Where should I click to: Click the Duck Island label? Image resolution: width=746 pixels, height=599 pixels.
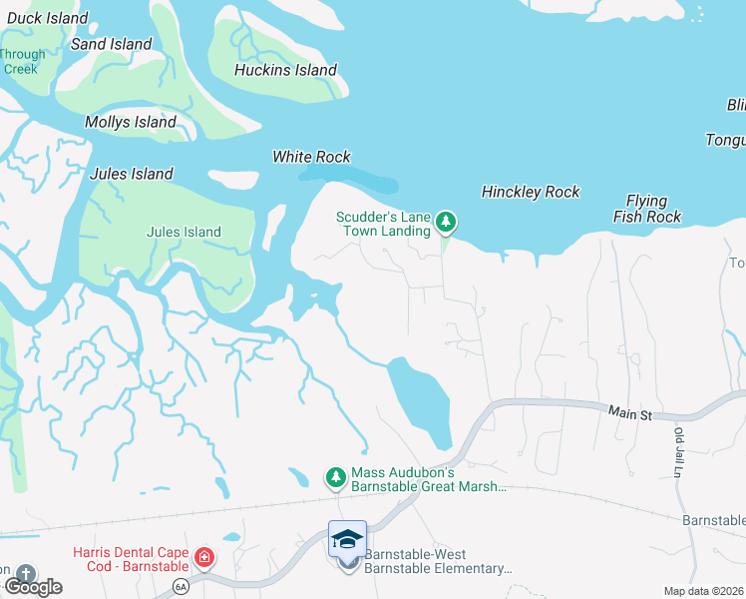[x=47, y=18]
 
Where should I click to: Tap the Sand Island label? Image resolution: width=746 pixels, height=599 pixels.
[x=111, y=44]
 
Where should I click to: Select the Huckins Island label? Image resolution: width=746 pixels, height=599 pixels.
[x=285, y=70]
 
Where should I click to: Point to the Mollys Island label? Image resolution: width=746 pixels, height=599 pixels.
[x=130, y=123]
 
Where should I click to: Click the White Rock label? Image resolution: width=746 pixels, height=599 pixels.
[x=311, y=157]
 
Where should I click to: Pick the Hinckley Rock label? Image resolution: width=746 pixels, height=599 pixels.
[x=530, y=192]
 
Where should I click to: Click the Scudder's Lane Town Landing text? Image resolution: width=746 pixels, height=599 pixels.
[x=383, y=223]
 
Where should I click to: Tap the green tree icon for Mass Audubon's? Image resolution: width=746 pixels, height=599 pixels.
[x=336, y=478]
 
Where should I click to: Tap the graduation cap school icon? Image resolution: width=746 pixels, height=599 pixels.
[x=347, y=539]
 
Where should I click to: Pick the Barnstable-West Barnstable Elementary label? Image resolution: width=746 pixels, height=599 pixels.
[x=437, y=561]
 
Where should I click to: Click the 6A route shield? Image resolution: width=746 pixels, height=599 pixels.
[x=180, y=586]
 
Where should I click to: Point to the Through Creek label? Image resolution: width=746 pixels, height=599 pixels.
[x=22, y=62]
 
